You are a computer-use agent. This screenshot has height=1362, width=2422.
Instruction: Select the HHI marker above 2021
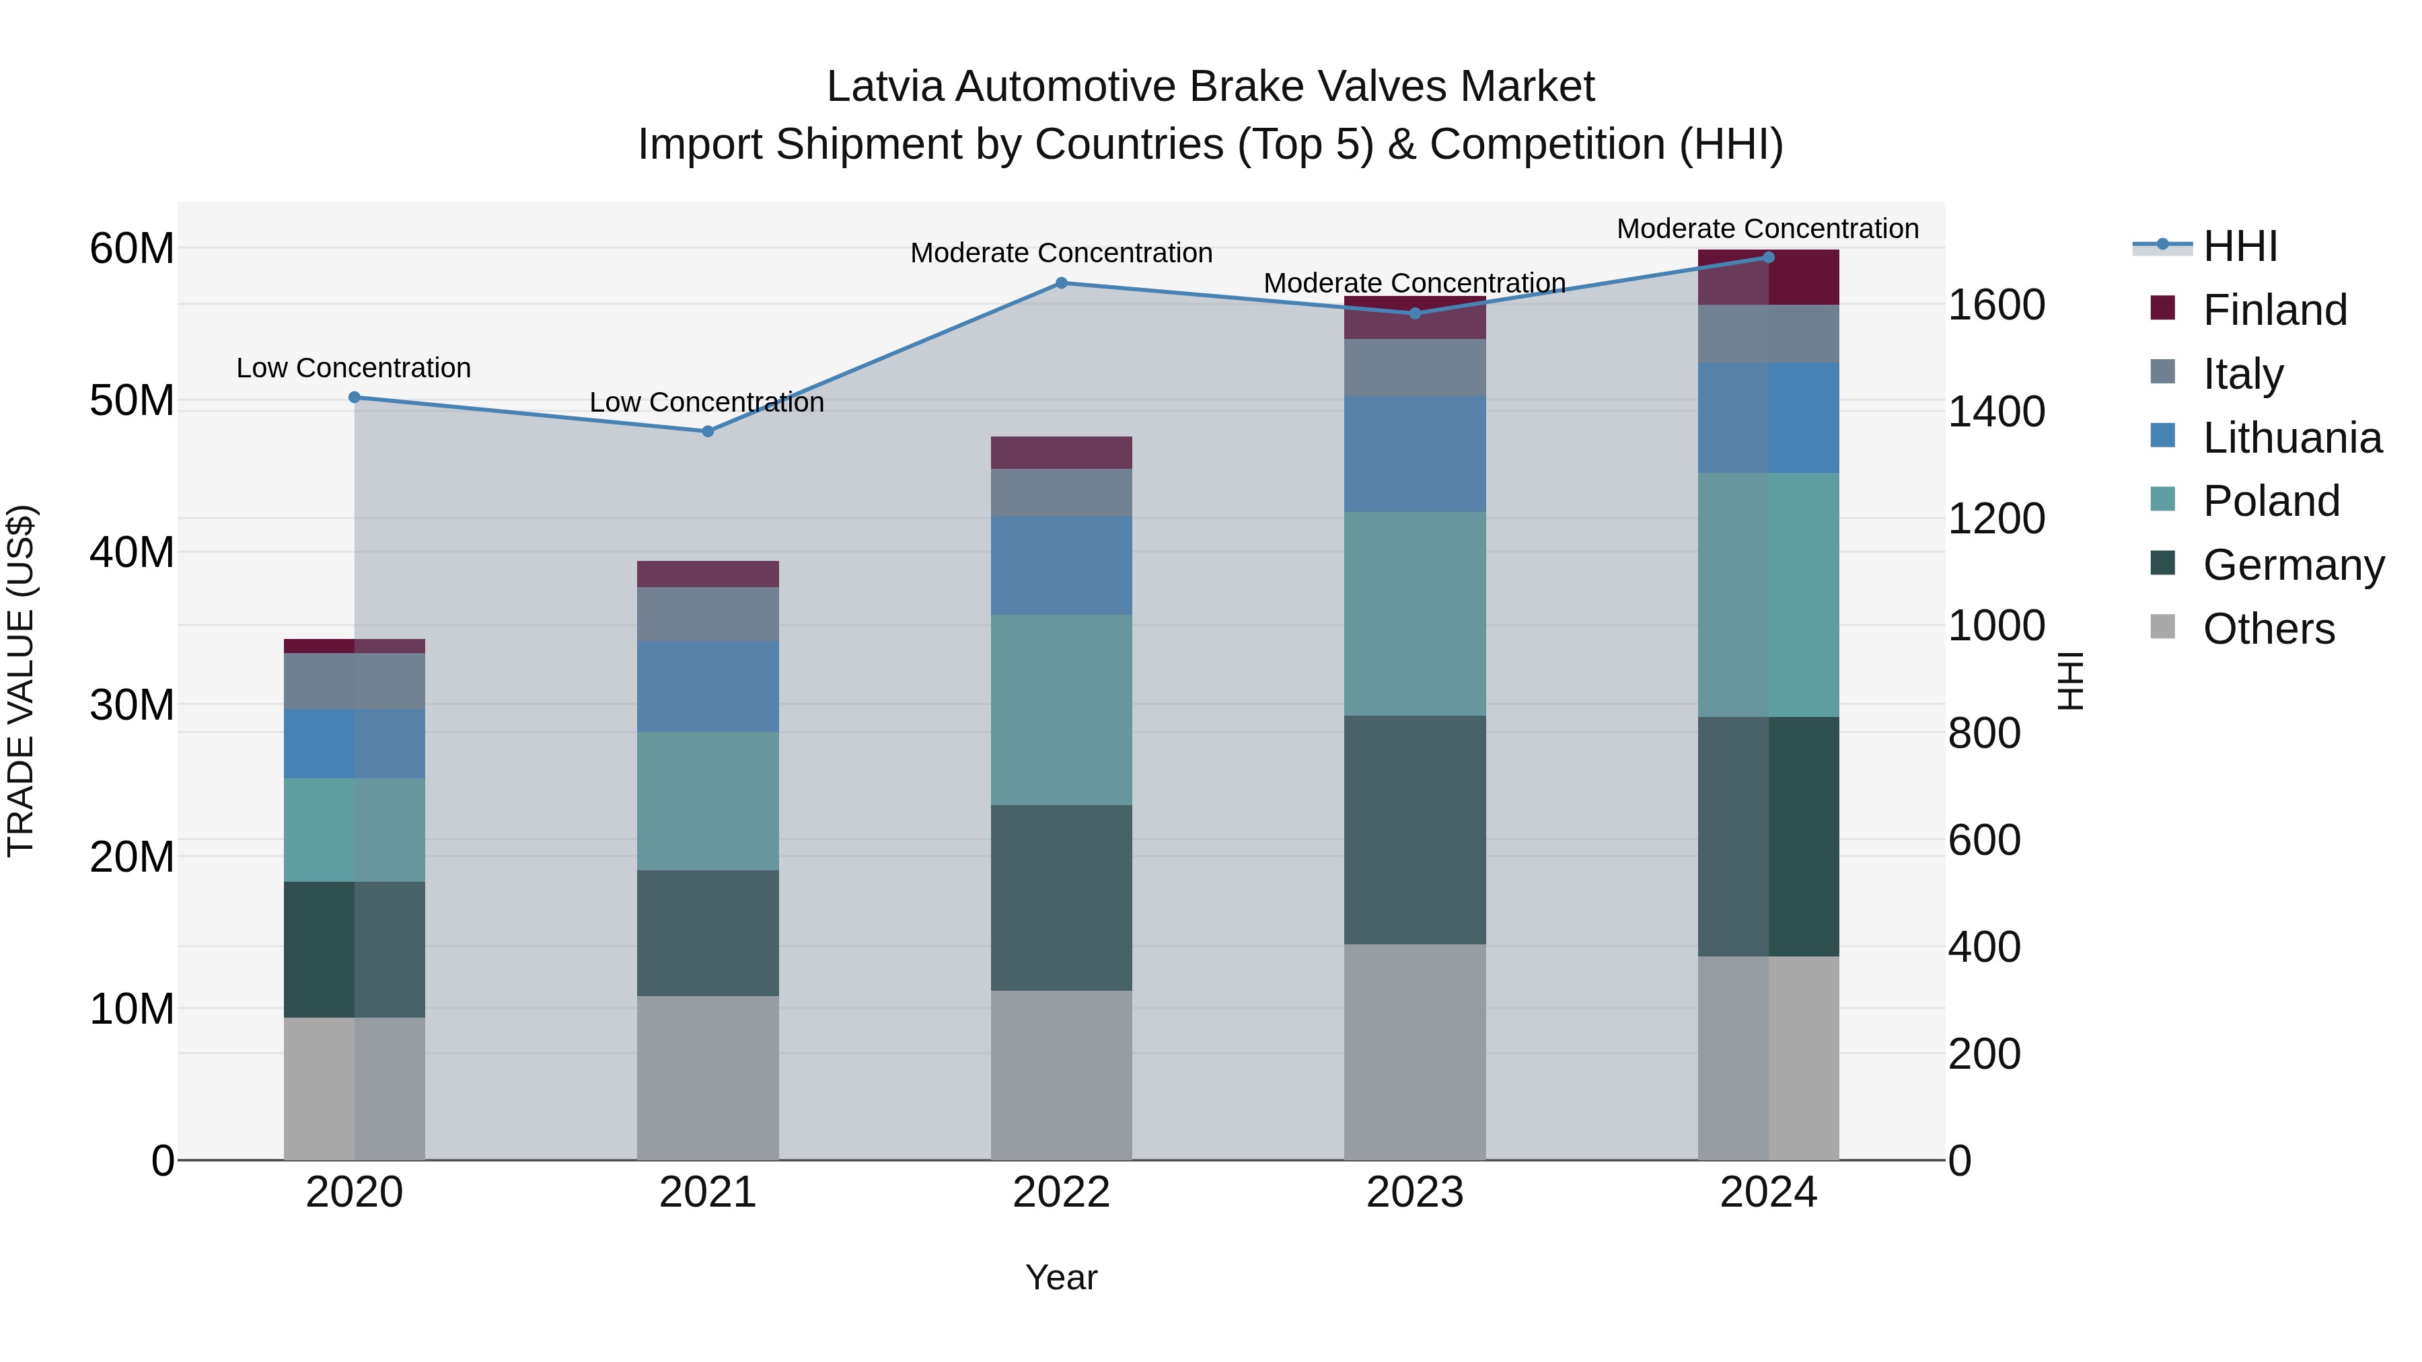(708, 431)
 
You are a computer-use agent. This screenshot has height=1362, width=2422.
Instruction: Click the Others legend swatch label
(2268, 629)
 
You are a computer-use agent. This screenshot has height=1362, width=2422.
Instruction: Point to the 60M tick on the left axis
(132, 249)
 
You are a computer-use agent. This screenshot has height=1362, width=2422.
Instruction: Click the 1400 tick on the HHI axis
(1995, 412)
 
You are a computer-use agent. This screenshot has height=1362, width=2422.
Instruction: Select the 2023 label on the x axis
(1414, 1193)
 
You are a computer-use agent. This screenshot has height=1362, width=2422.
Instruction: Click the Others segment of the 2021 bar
(708, 1077)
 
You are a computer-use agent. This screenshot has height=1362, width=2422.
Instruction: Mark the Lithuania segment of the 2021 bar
(708, 686)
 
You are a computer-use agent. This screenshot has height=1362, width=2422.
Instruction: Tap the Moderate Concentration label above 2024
(1767, 229)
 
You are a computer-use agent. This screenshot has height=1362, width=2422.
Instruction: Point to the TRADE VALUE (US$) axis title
(21, 681)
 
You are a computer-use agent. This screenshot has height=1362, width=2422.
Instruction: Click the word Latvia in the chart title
(884, 87)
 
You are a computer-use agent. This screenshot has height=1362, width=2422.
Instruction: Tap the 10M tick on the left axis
(132, 1009)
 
